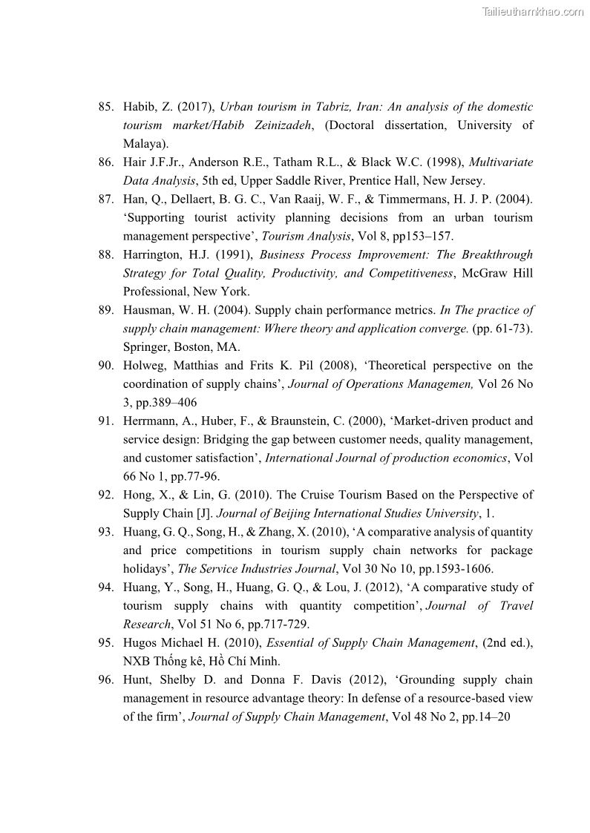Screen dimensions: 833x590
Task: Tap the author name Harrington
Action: [152, 255]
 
